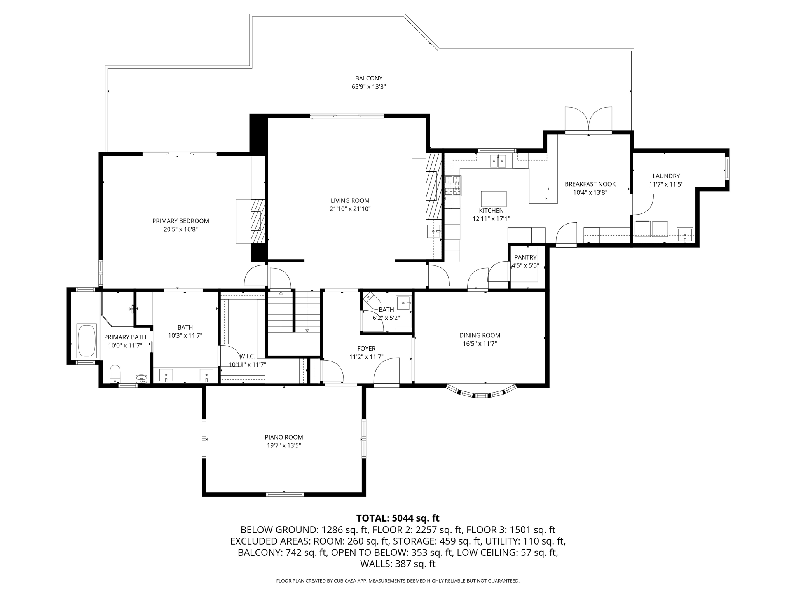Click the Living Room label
coord(350,201)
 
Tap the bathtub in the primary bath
coord(87,340)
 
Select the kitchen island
coord(494,199)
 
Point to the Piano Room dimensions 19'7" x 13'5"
coord(284,445)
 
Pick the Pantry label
coord(525,257)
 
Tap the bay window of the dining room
coord(482,391)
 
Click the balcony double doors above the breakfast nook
coord(588,120)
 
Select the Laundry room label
coord(666,176)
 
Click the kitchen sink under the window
coord(498,161)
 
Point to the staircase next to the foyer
coord(294,311)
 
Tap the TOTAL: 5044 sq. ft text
coord(398,518)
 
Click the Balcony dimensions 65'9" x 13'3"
coord(368,87)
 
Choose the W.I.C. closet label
coord(247,356)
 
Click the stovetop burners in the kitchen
coord(453,185)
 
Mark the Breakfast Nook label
coord(590,184)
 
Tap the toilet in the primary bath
coord(115,374)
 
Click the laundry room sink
coord(685,235)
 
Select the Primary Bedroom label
coord(181,221)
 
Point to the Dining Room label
coord(480,335)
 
